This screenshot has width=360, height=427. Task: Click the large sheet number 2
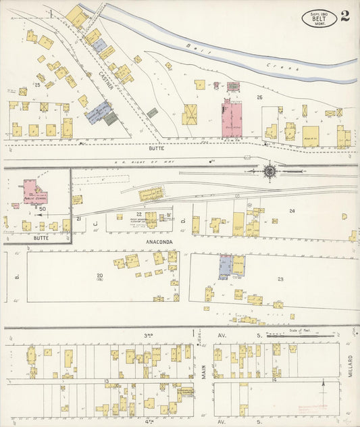tap(345, 16)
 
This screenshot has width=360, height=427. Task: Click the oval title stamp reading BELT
tap(318, 18)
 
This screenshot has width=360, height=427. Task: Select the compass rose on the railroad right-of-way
tap(269, 172)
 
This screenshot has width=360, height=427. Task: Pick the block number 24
tap(292, 211)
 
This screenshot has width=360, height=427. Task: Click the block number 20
tap(99, 275)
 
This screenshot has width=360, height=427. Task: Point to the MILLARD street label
tap(351, 366)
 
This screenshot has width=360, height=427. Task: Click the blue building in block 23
tap(224, 267)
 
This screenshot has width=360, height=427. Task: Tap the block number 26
tap(259, 97)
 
